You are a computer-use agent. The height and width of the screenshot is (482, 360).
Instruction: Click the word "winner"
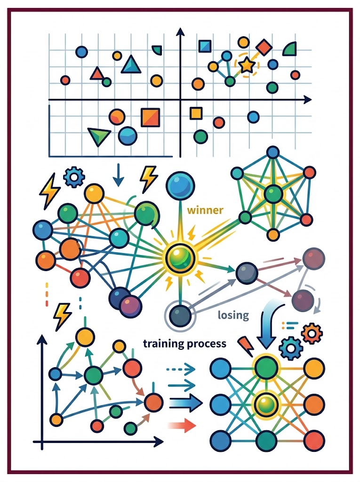tap(205, 210)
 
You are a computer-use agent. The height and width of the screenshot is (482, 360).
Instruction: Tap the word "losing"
tap(233, 315)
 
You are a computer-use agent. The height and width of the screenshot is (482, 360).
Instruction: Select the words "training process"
tap(184, 343)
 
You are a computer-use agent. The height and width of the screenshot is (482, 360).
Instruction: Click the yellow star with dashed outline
tap(247, 65)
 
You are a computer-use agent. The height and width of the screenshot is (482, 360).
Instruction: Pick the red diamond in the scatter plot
tap(264, 48)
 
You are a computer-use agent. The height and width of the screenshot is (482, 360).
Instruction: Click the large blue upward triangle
tap(131, 64)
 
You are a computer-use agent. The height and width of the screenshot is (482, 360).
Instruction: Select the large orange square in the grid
tap(150, 118)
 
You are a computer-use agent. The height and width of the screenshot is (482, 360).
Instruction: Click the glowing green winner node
tap(180, 258)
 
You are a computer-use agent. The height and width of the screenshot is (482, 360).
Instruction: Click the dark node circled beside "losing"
tap(180, 316)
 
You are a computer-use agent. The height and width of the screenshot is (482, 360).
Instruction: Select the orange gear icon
tap(312, 333)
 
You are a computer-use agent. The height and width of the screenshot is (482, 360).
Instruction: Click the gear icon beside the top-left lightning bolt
tap(74, 177)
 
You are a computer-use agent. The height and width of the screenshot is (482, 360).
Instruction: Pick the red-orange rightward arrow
tap(182, 426)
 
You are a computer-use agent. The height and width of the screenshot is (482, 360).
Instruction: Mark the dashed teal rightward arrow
tap(181, 368)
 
